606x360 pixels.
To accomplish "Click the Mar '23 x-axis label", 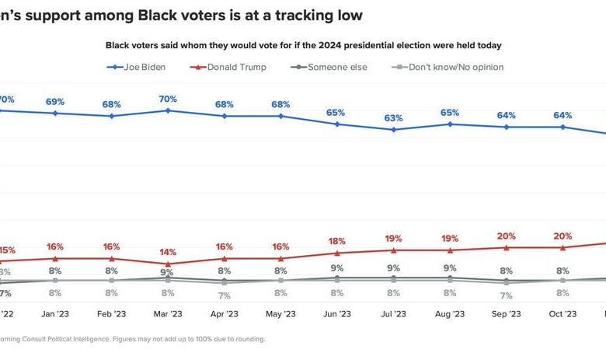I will (x=168, y=314).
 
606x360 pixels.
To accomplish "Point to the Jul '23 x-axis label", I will (x=393, y=314).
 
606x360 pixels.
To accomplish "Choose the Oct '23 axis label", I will (x=562, y=314).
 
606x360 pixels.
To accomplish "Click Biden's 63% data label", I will (x=393, y=118).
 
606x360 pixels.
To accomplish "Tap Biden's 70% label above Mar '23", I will (x=168, y=100).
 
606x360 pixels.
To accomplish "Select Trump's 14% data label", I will (x=168, y=253).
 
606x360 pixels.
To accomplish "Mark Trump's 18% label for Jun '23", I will (x=336, y=241).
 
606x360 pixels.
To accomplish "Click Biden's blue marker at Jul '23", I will (x=393, y=129).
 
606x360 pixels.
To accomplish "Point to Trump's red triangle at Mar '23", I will (x=168, y=264).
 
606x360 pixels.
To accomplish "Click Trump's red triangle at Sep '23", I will (x=507, y=248).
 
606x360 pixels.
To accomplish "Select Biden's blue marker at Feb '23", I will (x=112, y=116).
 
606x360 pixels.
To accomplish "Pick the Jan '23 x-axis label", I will (x=55, y=314).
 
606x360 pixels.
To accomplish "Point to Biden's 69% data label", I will (x=55, y=102).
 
